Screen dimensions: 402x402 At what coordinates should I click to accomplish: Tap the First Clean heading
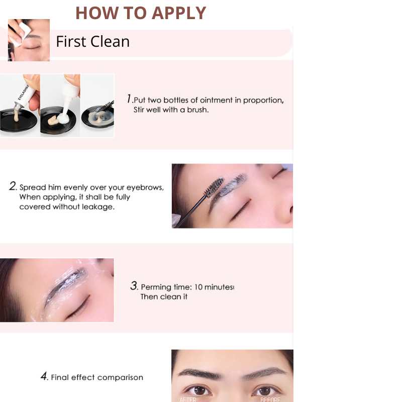click(x=92, y=41)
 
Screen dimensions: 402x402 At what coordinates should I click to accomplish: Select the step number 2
click(x=13, y=186)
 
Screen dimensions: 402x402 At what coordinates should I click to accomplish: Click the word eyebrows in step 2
click(x=145, y=187)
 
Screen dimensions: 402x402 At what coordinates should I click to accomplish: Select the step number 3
click(x=134, y=286)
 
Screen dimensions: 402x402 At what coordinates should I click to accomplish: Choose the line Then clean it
click(x=164, y=297)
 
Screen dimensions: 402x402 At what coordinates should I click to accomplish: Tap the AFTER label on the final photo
click(x=189, y=399)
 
